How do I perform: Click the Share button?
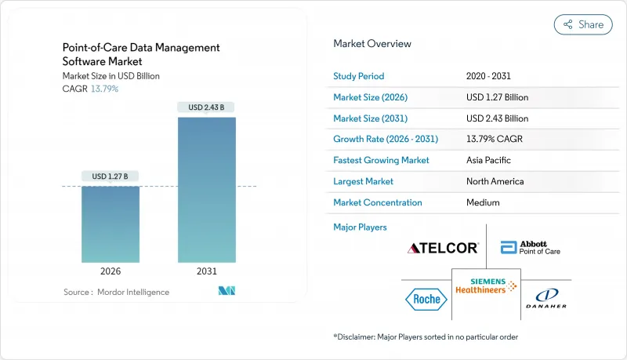[583, 24]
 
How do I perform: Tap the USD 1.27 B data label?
[111, 176]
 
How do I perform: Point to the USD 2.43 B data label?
[207, 107]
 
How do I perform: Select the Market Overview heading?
[372, 44]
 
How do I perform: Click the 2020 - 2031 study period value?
[489, 76]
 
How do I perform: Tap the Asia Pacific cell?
[489, 160]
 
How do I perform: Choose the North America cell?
[495, 181]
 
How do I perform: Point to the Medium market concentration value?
[483, 202]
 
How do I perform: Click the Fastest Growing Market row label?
[381, 160]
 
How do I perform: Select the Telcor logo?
[443, 249]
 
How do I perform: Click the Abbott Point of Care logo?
[530, 249]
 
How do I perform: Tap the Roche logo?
[426, 298]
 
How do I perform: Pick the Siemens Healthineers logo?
[486, 285]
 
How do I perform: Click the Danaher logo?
[545, 298]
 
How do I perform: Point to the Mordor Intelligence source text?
[116, 292]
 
